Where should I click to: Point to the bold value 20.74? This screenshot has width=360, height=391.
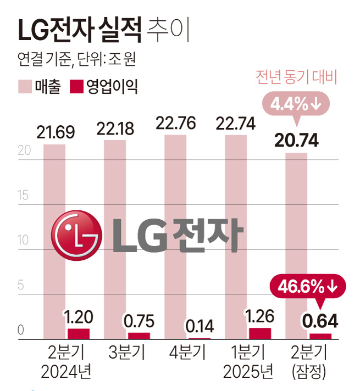[x=297, y=141]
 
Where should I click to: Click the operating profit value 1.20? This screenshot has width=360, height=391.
[x=79, y=317]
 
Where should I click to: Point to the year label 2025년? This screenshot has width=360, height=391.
[x=248, y=372]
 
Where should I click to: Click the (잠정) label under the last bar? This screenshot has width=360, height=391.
[x=309, y=372]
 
